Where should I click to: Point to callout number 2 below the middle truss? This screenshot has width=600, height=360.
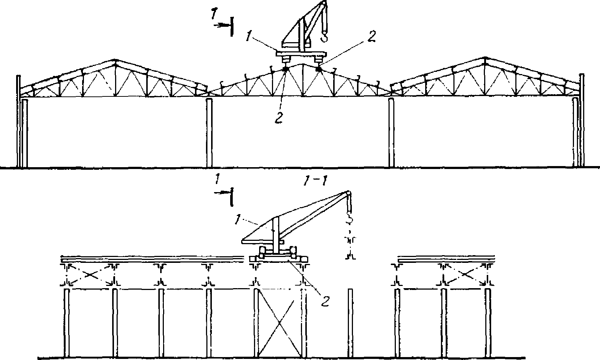[x=279, y=117]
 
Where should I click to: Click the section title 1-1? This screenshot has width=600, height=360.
[x=315, y=181]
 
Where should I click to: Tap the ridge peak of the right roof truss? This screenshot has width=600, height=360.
[x=486, y=58]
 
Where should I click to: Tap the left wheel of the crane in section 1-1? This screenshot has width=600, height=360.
[x=262, y=252]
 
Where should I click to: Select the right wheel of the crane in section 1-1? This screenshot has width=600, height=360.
[x=293, y=252]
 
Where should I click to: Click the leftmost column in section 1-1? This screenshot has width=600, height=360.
[x=67, y=323]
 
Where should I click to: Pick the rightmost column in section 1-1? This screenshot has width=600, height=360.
[x=488, y=323]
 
